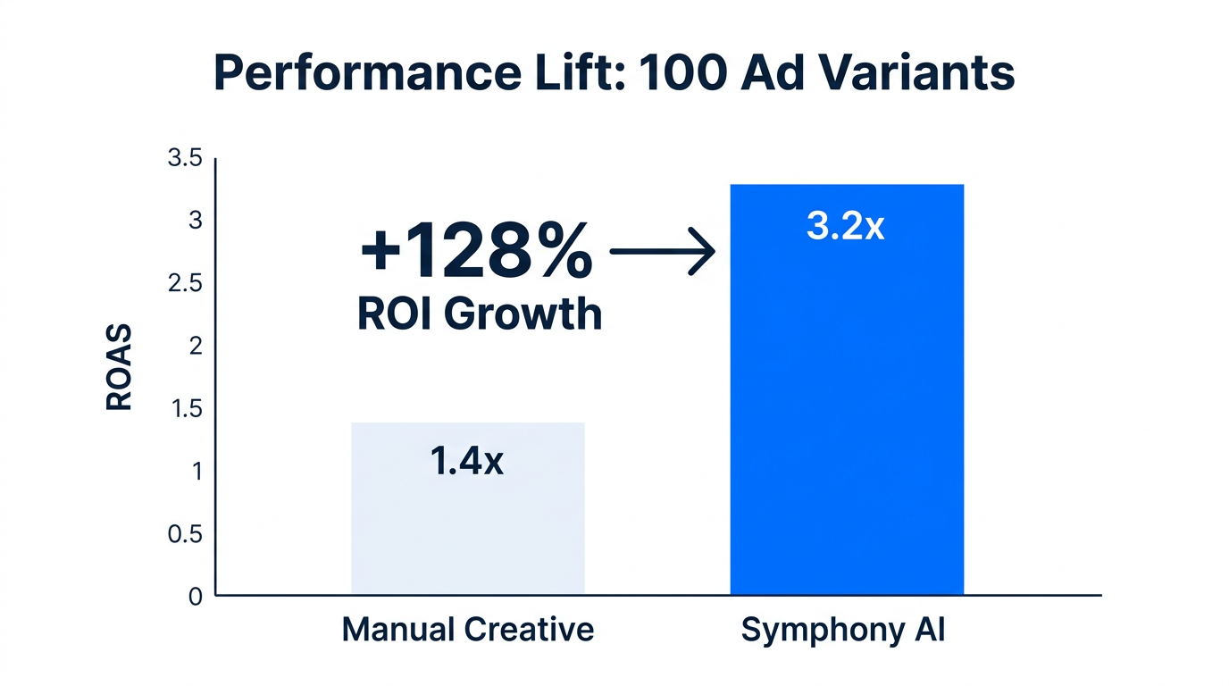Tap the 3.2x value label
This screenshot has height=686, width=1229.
tap(845, 227)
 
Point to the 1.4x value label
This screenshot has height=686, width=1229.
tap(466, 462)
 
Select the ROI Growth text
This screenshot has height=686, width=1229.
tap(480, 314)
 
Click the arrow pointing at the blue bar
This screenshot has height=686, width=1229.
tap(662, 253)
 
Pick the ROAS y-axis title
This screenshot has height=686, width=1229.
tap(119, 368)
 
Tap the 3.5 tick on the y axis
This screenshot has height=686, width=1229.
tap(186, 159)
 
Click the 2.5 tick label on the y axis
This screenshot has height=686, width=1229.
tap(186, 284)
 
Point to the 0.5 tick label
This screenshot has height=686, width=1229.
tap(186, 534)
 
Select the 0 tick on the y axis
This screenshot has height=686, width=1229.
tap(196, 597)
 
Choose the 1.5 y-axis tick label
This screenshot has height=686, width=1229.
tap(186, 409)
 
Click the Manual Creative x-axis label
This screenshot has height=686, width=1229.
tap(467, 630)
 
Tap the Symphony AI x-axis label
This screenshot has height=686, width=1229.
tap(843, 630)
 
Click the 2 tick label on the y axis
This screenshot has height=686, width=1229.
tap(196, 347)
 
